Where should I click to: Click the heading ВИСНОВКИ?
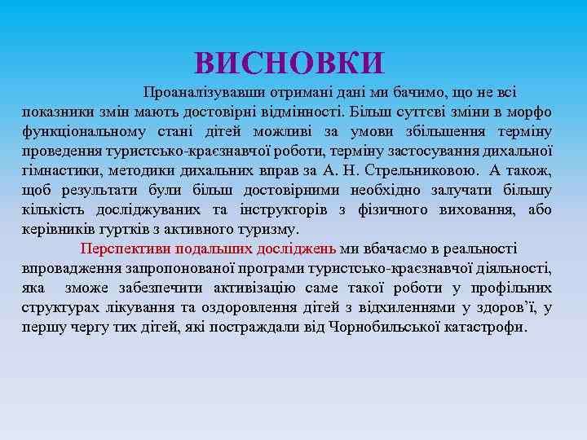289,63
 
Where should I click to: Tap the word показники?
55,112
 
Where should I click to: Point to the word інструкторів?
287,209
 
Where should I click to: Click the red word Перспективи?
121,249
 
